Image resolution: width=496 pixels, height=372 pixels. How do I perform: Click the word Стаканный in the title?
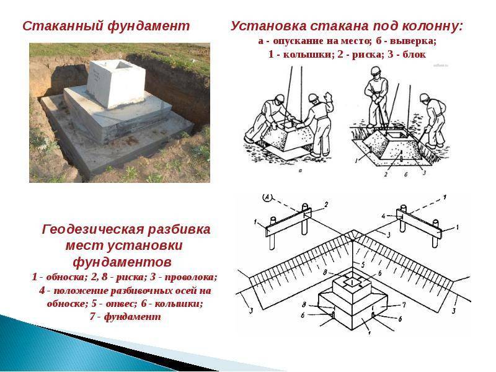(x=63, y=26)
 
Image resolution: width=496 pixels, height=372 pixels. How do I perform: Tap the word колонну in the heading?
(x=432, y=26)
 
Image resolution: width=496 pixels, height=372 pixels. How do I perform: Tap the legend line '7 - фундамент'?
(x=125, y=317)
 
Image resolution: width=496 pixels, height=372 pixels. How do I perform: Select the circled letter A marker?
(x=267, y=197)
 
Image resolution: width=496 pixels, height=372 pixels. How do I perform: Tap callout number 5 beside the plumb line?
(x=363, y=264)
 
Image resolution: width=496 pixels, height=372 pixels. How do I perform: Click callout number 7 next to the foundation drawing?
(x=404, y=305)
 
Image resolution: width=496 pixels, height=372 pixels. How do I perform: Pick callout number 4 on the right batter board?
(x=383, y=216)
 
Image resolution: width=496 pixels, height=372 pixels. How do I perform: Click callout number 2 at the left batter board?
(x=326, y=205)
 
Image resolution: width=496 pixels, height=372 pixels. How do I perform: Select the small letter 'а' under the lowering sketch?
(x=300, y=170)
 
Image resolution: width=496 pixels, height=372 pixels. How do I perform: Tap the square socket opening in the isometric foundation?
(x=352, y=281)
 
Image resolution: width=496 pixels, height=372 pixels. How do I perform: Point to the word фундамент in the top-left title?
(x=149, y=26)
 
